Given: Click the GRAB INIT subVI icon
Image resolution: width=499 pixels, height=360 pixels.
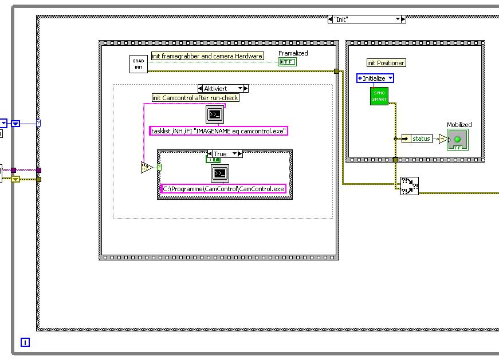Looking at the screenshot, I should coord(139,64).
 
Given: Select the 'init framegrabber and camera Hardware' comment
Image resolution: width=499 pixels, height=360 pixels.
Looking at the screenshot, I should coord(207,56).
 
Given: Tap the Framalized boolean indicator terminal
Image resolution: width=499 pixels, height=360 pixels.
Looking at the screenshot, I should coord(288,62).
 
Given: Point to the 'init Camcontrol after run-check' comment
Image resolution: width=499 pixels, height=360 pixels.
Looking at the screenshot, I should coord(195,98).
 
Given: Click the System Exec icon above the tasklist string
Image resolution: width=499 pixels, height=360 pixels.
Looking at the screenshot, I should coord(214,114).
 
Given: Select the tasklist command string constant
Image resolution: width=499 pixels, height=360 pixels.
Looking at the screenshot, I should coord(218,131).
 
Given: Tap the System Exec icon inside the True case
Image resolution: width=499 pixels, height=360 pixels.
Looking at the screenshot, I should coord(220,173).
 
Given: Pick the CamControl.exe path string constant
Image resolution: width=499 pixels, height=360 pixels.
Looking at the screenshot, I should coord(223,189).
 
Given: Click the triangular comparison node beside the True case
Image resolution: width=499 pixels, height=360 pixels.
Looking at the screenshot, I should coord(147,168).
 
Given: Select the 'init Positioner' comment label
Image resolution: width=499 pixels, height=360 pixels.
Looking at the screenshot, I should coord(386,63).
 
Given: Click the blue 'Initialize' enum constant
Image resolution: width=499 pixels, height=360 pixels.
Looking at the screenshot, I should coord(375,78).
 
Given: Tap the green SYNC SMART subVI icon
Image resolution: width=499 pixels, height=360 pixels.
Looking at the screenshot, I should coord(379,96).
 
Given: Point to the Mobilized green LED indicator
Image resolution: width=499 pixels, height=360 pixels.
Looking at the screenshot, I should coord(457,140).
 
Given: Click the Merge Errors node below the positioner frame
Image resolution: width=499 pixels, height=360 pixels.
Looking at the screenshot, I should coord(409,186).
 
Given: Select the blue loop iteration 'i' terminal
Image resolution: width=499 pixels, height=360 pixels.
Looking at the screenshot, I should coord(25,342).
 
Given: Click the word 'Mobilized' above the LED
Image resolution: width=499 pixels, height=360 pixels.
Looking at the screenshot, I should coord(459,125).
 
